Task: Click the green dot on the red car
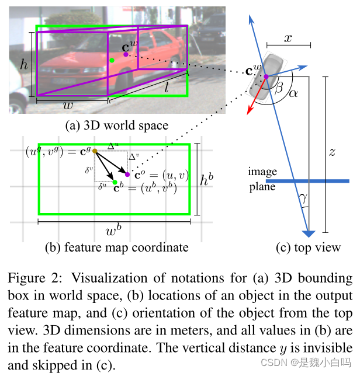112,60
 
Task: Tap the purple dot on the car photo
126,54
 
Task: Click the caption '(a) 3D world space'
117,126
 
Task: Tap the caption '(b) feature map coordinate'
116,247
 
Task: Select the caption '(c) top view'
308,247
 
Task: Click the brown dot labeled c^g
95,152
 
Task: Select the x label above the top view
288,37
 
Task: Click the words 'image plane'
262,179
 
